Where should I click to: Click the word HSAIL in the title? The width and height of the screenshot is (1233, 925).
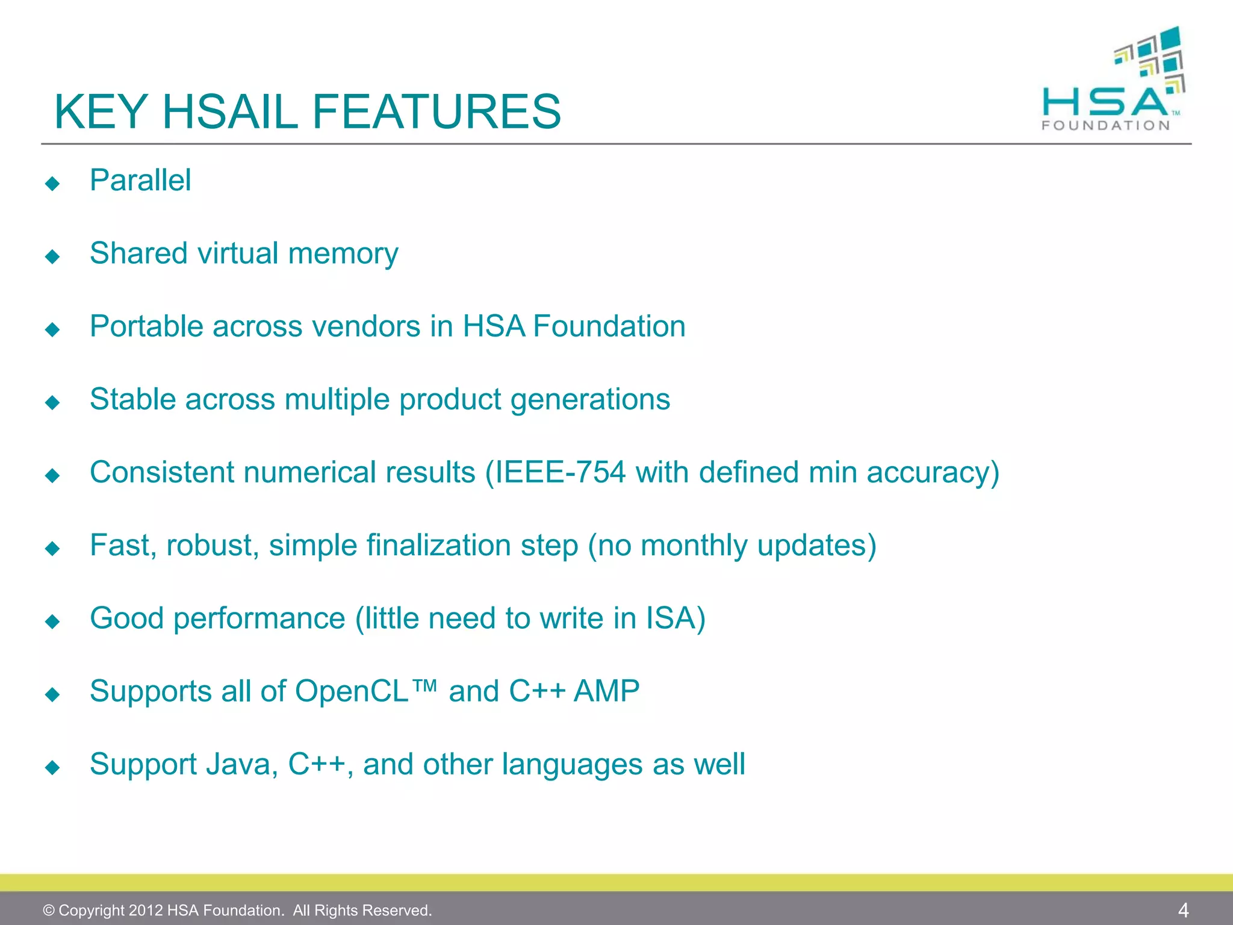coord(231,111)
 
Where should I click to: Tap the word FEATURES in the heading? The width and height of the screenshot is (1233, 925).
coord(436,111)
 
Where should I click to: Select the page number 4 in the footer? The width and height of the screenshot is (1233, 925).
coord(1183,910)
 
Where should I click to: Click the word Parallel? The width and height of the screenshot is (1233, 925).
coord(140,180)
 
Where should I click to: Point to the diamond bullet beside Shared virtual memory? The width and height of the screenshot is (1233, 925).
coord(53,257)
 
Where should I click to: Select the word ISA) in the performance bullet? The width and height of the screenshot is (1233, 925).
coord(676,618)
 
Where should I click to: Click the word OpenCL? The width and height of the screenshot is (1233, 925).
coord(352,691)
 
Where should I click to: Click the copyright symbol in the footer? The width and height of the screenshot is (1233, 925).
coord(49,911)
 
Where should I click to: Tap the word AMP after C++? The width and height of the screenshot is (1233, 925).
coord(606,691)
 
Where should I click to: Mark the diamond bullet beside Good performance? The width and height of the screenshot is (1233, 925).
coord(53,621)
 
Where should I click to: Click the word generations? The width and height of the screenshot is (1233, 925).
coord(590,400)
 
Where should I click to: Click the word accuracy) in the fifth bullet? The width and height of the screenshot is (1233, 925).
coord(933,473)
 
